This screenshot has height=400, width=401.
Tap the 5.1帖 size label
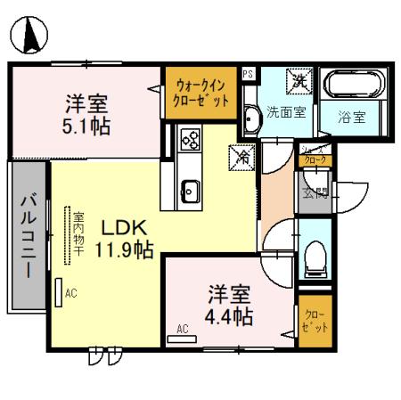click(87, 126)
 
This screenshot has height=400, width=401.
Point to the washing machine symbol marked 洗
click(297, 82)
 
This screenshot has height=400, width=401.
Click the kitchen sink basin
click(190, 189)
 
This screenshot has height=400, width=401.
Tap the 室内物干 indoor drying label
click(78, 234)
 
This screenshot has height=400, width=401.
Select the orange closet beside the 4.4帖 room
click(315, 321)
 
